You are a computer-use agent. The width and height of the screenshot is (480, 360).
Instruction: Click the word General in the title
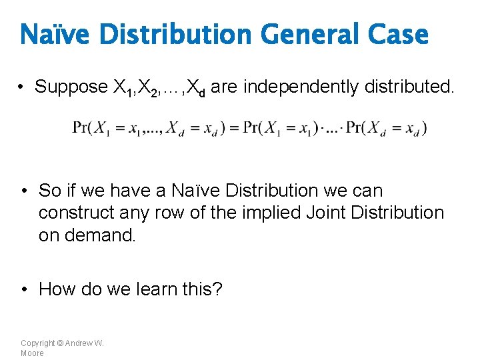tap(301, 35)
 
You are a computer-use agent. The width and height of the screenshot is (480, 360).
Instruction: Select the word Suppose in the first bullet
tap(71, 87)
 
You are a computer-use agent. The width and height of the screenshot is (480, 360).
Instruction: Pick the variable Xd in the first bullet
tap(195, 87)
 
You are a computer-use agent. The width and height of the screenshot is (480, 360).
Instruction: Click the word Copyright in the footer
tap(37, 343)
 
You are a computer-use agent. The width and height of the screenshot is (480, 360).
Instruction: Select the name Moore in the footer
tap(32, 353)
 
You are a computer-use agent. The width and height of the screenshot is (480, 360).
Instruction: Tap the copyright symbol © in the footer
tap(60, 343)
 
